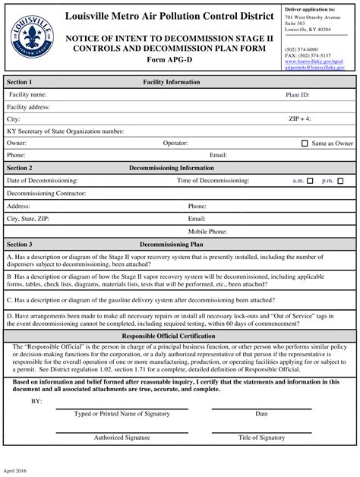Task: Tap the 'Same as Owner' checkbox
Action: coord(305,143)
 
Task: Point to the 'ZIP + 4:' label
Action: coord(300,119)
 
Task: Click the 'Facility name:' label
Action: coord(28,95)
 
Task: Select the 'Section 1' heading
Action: coord(20,81)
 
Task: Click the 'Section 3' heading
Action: coord(20,245)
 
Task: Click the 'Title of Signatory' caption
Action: coord(261,438)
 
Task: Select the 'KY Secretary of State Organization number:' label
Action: coord(65,131)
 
